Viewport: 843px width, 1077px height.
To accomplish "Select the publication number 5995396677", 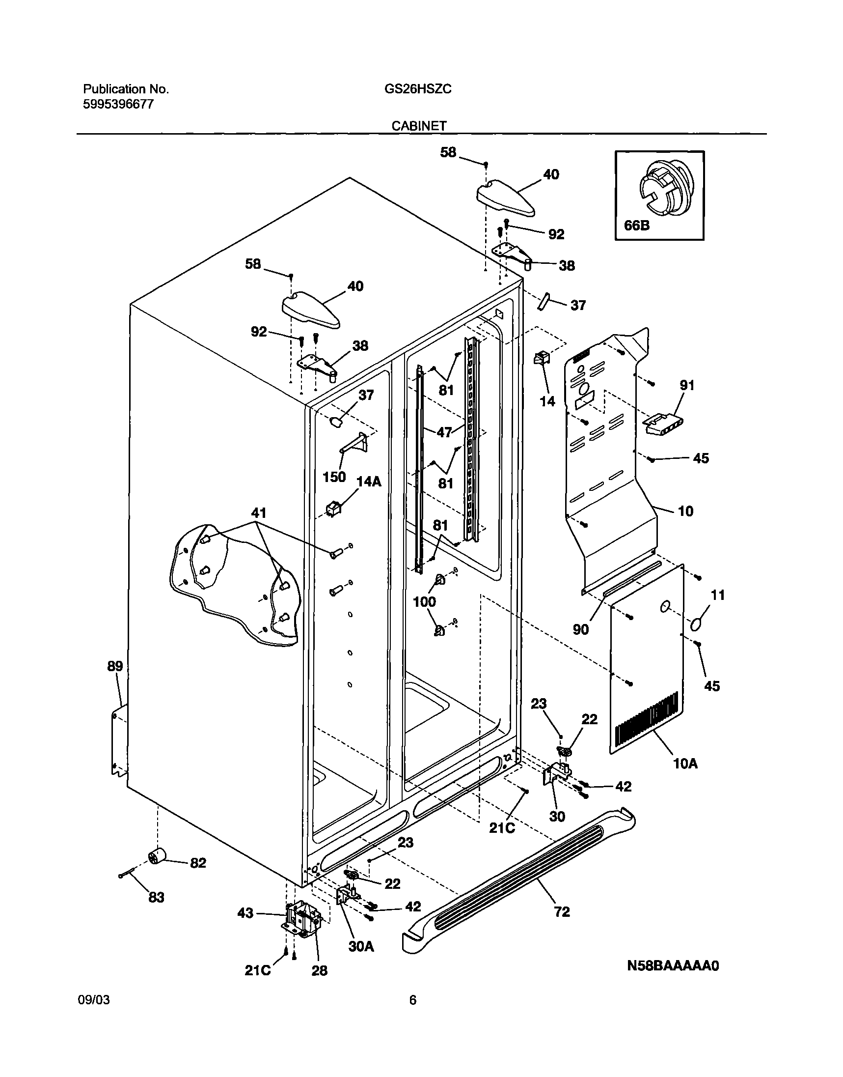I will click(118, 104).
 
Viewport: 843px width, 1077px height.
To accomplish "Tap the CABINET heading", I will click(419, 126).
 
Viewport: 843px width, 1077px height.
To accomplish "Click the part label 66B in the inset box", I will click(637, 226).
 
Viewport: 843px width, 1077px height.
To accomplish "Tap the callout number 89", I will click(115, 666).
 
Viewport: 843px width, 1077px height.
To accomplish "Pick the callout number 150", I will click(334, 477).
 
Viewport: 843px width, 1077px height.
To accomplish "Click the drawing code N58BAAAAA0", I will click(673, 965).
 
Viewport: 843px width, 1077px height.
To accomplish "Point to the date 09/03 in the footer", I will click(94, 1000).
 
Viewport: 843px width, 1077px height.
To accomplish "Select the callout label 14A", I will click(369, 482).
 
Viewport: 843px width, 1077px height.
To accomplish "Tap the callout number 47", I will click(444, 432).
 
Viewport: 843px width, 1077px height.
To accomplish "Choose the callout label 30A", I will click(361, 946).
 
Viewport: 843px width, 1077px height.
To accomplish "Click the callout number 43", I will click(245, 913).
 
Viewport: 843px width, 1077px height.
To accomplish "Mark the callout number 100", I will click(424, 601).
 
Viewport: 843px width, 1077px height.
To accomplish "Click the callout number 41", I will click(259, 513).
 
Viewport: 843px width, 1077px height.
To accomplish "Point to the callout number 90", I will click(580, 629).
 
